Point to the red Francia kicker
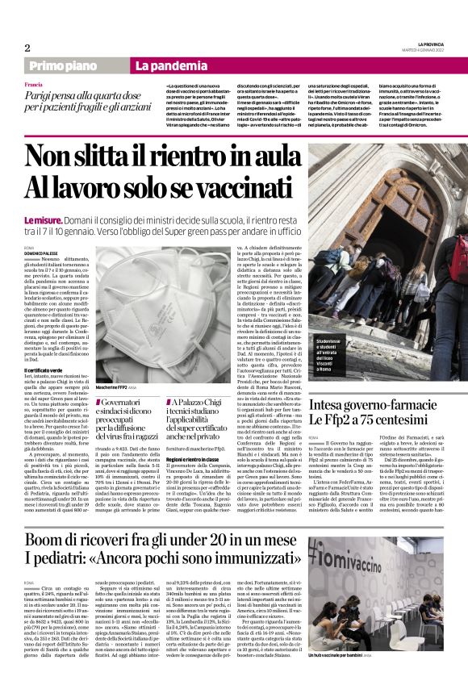click(x=33, y=85)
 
